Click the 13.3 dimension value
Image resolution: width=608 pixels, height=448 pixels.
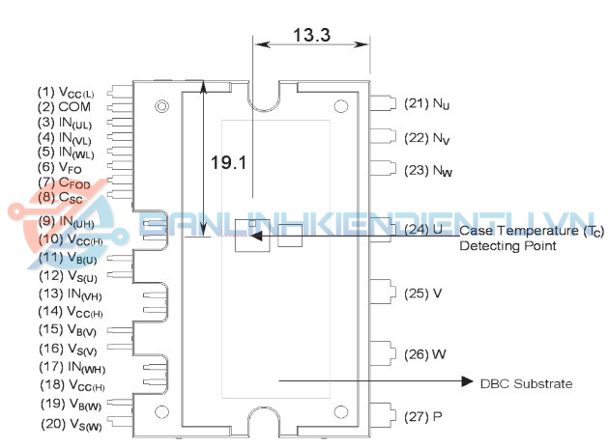(x=310, y=36)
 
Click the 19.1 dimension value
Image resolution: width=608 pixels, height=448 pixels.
(x=230, y=162)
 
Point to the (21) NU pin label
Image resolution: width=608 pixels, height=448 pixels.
(x=428, y=103)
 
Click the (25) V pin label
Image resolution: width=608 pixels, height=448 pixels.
(x=424, y=293)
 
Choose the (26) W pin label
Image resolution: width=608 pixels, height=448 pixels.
(x=425, y=353)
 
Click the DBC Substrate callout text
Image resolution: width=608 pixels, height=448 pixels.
(x=526, y=383)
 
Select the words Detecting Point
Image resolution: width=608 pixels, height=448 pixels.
(x=507, y=246)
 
